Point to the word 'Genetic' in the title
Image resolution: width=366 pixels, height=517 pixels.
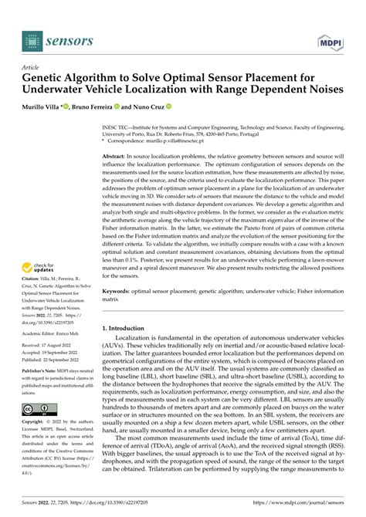pos(48,78)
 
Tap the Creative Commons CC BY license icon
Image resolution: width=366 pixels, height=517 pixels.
pos(37,408)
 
